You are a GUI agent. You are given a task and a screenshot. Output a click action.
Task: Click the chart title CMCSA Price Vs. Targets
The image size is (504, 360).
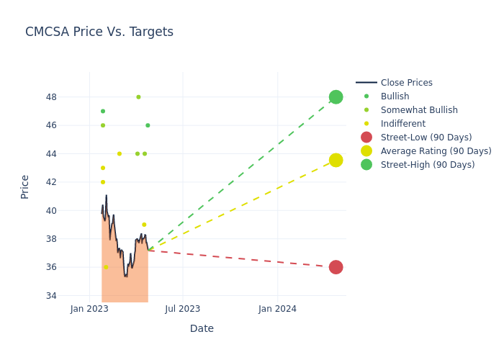pos(99,32)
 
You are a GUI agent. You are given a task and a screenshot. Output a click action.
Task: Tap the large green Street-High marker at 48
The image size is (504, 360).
pos(336,97)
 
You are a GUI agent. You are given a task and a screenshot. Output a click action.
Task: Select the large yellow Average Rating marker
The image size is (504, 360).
pos(336,160)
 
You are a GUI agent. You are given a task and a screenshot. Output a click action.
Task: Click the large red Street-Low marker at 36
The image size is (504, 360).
pos(336,267)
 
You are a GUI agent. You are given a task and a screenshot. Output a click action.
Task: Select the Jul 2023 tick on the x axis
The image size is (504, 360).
pos(183,309)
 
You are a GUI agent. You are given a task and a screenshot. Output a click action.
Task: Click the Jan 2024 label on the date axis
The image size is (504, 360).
pos(277,309)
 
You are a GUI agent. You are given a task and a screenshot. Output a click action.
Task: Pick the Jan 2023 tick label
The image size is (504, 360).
pos(89,309)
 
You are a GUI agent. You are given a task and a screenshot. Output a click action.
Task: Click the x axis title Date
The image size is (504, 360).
pos(202,328)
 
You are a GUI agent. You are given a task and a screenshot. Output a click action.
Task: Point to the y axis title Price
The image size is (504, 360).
pos(25,186)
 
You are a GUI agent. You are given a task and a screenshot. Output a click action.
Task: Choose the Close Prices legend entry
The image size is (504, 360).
pos(406,83)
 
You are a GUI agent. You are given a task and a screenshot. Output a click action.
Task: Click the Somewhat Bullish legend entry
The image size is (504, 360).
pos(419,110)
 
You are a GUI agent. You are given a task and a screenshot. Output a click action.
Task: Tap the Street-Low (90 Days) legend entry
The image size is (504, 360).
pos(426,138)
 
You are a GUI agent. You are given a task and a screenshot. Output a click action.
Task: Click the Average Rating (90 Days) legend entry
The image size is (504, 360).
pos(436,151)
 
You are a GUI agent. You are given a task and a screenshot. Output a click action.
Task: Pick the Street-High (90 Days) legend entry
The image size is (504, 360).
pos(427,165)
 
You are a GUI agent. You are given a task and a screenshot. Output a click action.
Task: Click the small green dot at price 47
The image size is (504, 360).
pos(103,111)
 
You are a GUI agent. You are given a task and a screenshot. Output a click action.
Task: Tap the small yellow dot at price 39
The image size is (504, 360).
pos(144,225)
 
